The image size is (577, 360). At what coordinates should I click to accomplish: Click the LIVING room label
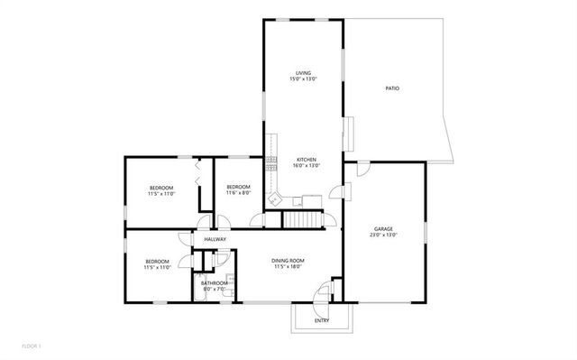click(x=303, y=73)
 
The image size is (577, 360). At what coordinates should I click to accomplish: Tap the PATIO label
click(x=392, y=88)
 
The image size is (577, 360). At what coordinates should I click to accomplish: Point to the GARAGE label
click(x=383, y=228)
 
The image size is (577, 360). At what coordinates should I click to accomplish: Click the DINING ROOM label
click(x=288, y=260)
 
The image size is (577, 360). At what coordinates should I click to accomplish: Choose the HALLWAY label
click(x=215, y=239)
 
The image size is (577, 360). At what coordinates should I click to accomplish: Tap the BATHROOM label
click(x=215, y=282)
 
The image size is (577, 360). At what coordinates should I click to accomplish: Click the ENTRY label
click(x=321, y=320)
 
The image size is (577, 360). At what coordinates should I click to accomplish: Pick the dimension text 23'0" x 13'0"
click(x=383, y=235)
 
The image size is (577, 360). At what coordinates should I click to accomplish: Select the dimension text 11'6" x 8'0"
click(x=238, y=193)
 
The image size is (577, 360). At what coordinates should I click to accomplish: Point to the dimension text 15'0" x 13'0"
click(x=303, y=79)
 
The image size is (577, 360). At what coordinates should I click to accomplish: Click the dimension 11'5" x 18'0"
click(x=288, y=266)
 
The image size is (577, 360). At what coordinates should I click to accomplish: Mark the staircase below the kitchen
click(x=303, y=219)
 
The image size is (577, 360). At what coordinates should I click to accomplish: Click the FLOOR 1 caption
click(x=32, y=346)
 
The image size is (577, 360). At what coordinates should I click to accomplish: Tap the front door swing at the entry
click(x=320, y=294)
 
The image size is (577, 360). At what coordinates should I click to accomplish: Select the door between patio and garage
click(x=362, y=169)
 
